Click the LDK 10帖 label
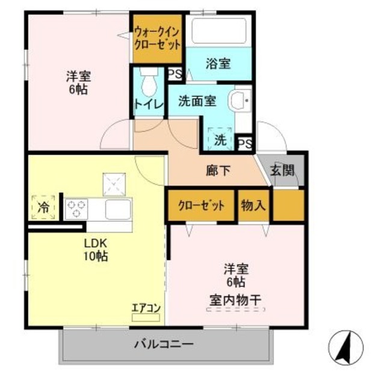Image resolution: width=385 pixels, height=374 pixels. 96,250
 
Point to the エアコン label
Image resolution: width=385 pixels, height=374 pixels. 146,308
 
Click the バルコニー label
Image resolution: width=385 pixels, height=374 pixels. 163,345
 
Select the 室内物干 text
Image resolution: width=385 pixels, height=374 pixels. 235,298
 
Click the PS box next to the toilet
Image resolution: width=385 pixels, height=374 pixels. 175,74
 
